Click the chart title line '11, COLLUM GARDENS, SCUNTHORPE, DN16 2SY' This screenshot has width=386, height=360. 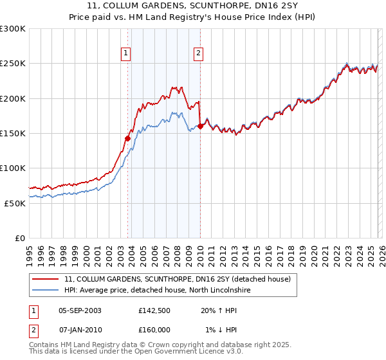tap(193, 6)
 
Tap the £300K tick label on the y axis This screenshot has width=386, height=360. tap(13, 29)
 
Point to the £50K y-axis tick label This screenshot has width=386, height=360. tap(15, 203)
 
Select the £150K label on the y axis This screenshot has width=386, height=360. tap(13, 134)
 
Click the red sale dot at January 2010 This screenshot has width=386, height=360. tap(200, 127)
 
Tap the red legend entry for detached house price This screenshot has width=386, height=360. tap(178, 280)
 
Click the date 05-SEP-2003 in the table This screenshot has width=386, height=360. tap(80, 310)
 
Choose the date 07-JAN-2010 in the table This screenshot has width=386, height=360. tap(80, 330)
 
